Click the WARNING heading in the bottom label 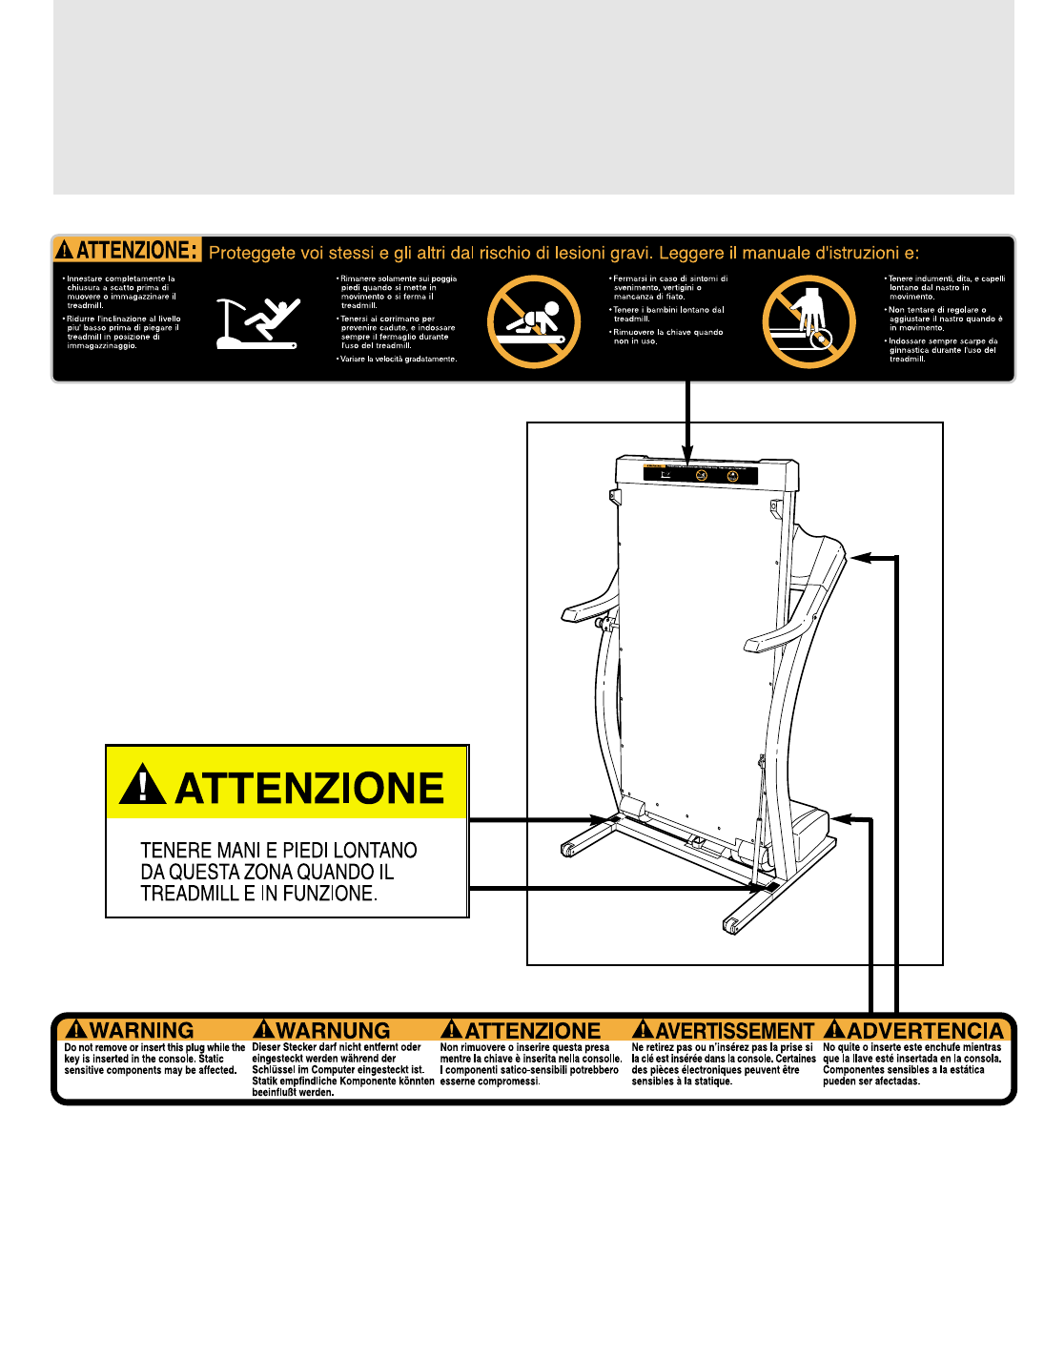(140, 1031)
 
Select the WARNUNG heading (332, 1031)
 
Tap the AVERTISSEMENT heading (734, 1031)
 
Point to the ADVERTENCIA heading (924, 1031)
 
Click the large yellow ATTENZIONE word (309, 789)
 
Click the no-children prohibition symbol (533, 321)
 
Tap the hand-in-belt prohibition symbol (809, 321)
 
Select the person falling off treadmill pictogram (257, 322)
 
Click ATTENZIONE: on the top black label (136, 251)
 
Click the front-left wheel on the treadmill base (568, 850)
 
